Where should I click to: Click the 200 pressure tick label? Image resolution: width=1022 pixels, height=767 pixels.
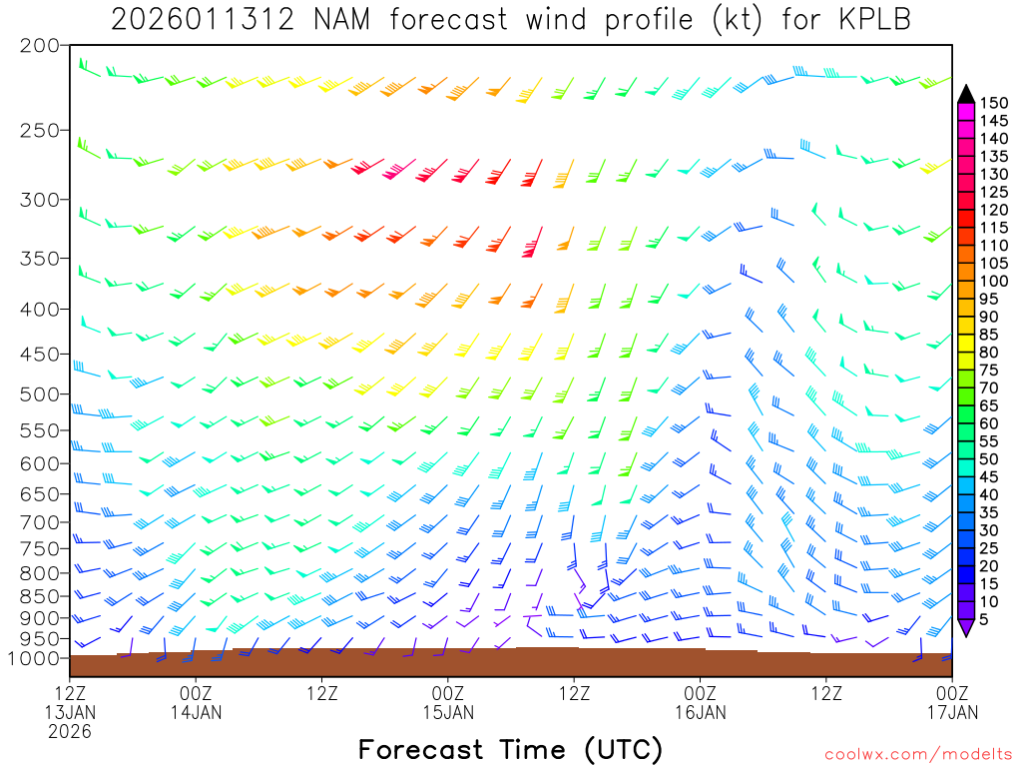[39, 46]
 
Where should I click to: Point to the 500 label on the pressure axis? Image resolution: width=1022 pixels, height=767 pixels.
[39, 393]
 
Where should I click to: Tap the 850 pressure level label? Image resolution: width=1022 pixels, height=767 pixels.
[39, 596]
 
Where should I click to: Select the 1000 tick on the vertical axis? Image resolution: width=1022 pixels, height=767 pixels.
[34, 658]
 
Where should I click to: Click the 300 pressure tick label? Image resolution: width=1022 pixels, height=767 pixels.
[39, 200]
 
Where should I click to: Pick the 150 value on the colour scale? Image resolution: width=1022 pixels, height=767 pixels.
[993, 103]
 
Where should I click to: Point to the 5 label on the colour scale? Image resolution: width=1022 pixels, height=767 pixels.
[987, 620]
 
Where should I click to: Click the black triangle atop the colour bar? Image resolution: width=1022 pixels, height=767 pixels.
[966, 93]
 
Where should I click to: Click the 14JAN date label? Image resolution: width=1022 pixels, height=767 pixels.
[196, 712]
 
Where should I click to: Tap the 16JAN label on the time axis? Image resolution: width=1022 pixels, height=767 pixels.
[700, 712]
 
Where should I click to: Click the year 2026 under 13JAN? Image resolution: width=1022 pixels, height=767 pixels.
[69, 731]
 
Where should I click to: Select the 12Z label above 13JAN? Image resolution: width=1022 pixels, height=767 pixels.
[69, 691]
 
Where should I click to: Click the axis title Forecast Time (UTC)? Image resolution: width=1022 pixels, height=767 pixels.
[510, 749]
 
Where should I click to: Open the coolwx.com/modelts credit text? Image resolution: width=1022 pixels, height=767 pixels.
[917, 754]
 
